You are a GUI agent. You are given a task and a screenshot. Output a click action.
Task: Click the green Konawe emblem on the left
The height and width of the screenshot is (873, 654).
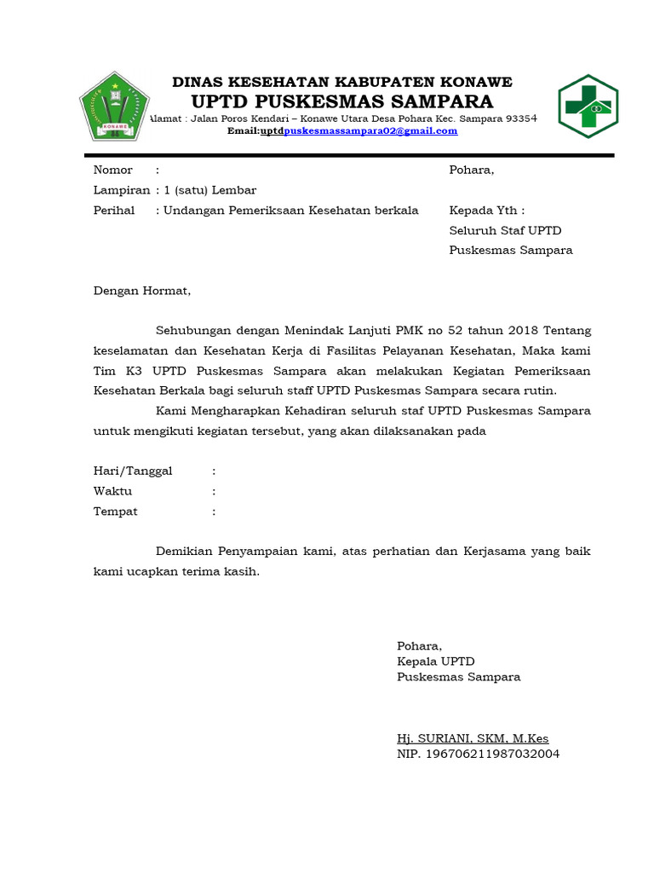113,107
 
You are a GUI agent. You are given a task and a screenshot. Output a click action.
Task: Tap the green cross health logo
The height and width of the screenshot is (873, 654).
588,107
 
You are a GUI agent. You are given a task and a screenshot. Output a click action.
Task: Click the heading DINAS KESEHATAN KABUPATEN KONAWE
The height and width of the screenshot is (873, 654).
342,82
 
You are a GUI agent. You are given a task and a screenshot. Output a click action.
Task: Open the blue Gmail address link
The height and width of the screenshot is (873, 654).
370,130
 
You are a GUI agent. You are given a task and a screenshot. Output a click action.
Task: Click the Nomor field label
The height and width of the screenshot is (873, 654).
112,170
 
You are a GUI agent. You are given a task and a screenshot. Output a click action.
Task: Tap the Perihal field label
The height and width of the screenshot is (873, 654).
114,211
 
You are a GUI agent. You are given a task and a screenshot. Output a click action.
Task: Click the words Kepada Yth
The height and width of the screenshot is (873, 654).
486,211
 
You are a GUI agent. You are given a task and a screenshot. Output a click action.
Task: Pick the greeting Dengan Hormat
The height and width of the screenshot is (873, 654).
142,291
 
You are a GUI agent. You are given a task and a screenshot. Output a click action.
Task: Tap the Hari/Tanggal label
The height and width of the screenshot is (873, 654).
132,471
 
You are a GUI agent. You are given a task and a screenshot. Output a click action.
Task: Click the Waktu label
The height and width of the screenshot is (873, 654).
112,491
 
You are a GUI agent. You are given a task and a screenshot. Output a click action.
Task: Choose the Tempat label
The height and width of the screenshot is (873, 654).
115,512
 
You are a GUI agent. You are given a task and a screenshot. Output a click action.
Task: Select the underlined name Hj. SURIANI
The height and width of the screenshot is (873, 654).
432,738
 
